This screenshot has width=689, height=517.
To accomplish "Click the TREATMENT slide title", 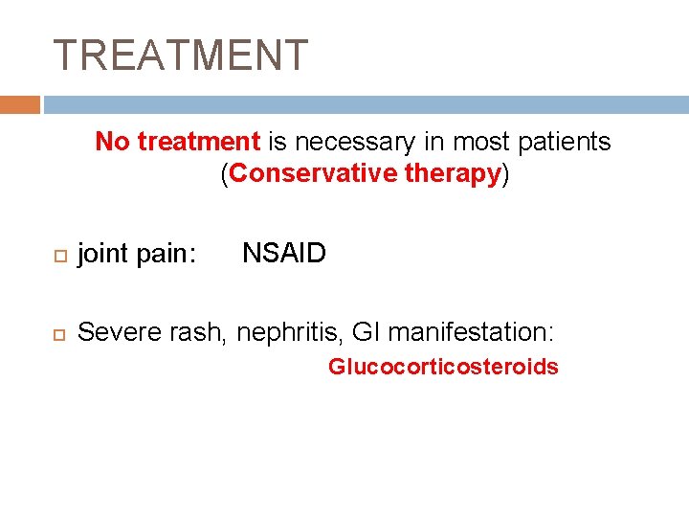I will click(x=181, y=56).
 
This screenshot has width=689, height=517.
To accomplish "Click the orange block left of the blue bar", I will click(x=20, y=104).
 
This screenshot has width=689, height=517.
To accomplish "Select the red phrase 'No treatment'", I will click(x=178, y=142).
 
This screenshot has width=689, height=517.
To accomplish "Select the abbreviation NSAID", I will click(x=284, y=254).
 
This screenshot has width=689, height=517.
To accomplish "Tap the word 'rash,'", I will click(x=199, y=332).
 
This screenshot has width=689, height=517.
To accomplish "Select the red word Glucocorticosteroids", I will click(x=443, y=367).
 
